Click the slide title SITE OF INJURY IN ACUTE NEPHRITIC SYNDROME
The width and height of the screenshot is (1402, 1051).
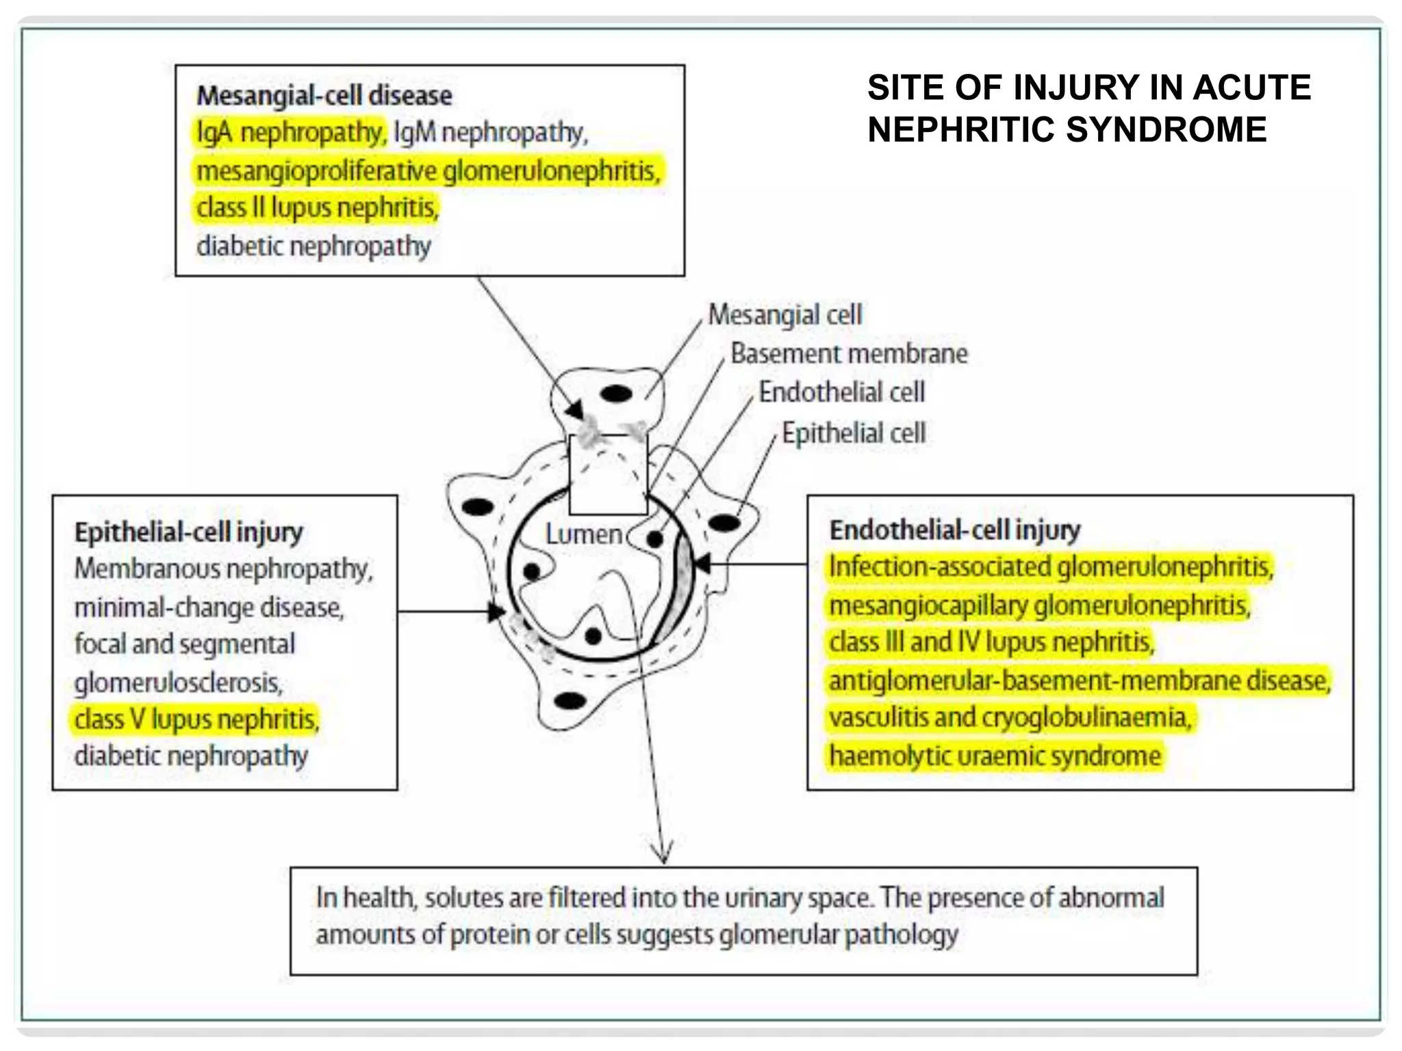[x=1088, y=108]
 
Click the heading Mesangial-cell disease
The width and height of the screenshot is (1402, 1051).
[x=324, y=95]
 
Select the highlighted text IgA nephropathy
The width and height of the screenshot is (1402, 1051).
[x=290, y=132]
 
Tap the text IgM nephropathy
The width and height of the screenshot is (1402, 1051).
[x=490, y=132]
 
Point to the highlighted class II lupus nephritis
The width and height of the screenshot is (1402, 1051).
[x=317, y=207]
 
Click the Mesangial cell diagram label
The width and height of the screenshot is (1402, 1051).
[x=785, y=315]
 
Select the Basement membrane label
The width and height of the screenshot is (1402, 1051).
[x=849, y=354]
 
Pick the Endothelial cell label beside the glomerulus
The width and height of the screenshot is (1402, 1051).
[x=841, y=392]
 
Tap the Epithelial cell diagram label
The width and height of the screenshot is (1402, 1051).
[x=854, y=433]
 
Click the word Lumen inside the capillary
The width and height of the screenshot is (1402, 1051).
[x=583, y=534]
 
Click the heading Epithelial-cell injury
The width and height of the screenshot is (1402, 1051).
[x=188, y=532]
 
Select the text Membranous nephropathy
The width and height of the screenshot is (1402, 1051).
[x=223, y=569]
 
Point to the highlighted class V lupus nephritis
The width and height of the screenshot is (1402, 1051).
[x=196, y=719]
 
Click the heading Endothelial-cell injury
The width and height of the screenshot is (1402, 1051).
[x=955, y=530]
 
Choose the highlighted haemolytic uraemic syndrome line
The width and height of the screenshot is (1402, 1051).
[x=995, y=756]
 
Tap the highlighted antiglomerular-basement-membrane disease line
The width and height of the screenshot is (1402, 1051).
[x=1079, y=681]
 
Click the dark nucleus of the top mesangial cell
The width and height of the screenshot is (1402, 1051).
[x=616, y=394]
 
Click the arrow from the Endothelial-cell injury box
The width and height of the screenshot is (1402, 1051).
[x=753, y=565]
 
